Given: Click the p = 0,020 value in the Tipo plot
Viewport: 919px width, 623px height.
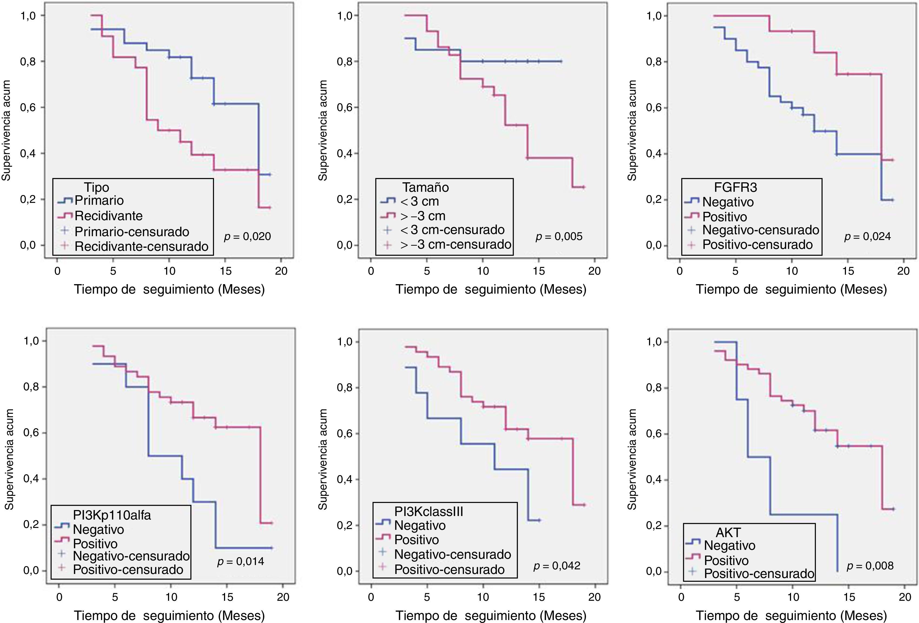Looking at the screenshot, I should [247, 237].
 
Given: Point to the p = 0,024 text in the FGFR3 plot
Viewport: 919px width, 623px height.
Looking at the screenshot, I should [867, 237].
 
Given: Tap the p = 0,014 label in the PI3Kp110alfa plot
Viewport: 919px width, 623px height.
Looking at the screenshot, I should [241, 562].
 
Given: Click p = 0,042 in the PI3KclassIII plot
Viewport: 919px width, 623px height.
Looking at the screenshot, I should [557, 566].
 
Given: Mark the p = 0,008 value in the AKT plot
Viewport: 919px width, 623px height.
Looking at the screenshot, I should [870, 566].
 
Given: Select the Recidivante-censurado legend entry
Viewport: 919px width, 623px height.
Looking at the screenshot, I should [141, 246].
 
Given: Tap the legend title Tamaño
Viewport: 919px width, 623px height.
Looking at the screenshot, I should [426, 187].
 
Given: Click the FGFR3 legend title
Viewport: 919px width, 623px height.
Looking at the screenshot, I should [730, 187].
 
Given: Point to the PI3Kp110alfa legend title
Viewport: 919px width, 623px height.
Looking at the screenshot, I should [112, 515].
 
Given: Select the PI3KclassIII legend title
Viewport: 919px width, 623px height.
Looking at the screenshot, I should [429, 511].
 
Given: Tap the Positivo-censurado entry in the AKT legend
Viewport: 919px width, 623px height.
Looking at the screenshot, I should [759, 573].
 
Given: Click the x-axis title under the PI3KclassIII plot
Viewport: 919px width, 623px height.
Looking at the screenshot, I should [491, 615].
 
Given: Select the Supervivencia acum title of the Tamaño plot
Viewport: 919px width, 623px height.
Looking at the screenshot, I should [323, 131].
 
